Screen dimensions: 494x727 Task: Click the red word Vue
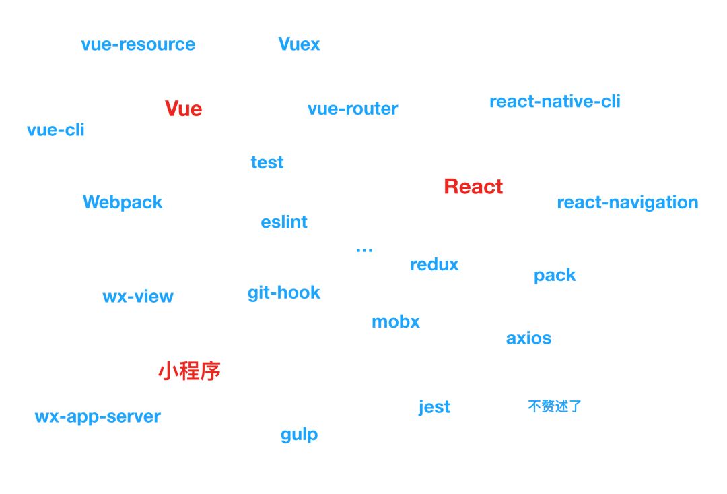click(x=183, y=109)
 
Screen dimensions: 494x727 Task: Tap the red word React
click(x=473, y=187)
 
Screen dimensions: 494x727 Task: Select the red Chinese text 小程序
click(x=189, y=371)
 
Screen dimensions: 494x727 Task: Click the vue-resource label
click(x=138, y=44)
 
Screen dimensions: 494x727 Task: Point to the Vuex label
click(x=299, y=44)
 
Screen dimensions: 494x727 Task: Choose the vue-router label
click(x=353, y=109)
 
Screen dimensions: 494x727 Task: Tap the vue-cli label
click(x=56, y=129)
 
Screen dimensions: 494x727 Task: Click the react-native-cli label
click(x=555, y=102)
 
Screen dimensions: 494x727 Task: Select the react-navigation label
click(x=627, y=202)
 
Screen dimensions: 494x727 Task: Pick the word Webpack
click(x=123, y=202)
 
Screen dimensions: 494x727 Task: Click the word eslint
click(x=284, y=222)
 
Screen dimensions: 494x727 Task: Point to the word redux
click(x=434, y=264)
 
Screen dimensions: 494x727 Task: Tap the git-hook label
click(x=284, y=293)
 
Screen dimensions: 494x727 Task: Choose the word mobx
click(x=396, y=322)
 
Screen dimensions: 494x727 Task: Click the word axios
click(x=528, y=338)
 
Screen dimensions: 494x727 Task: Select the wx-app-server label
click(x=98, y=416)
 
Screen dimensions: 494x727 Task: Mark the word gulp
click(x=299, y=435)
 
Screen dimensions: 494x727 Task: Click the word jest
click(x=434, y=407)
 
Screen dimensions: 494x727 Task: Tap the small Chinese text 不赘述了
click(x=555, y=406)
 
